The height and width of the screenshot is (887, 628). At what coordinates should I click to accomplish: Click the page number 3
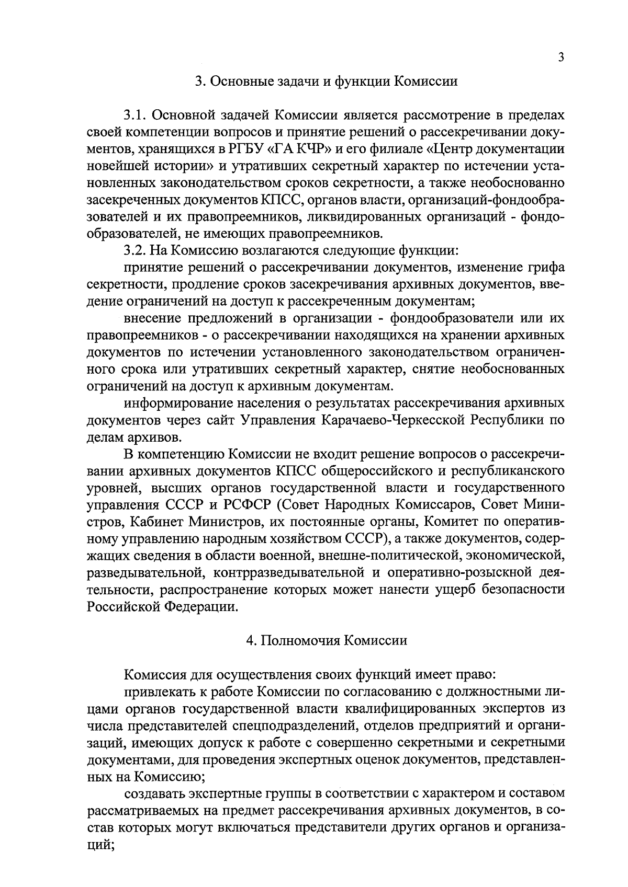[560, 58]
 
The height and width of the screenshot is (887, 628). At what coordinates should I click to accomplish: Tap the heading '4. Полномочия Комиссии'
[327, 641]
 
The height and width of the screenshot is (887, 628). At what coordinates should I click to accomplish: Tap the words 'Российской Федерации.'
[165, 607]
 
